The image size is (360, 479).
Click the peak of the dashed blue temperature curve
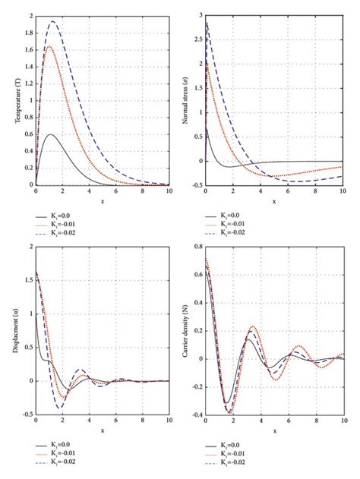click(52, 21)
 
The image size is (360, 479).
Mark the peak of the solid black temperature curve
click(50, 134)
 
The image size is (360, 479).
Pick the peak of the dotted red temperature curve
click(50, 46)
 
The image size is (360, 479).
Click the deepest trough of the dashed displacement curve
click(58, 408)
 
